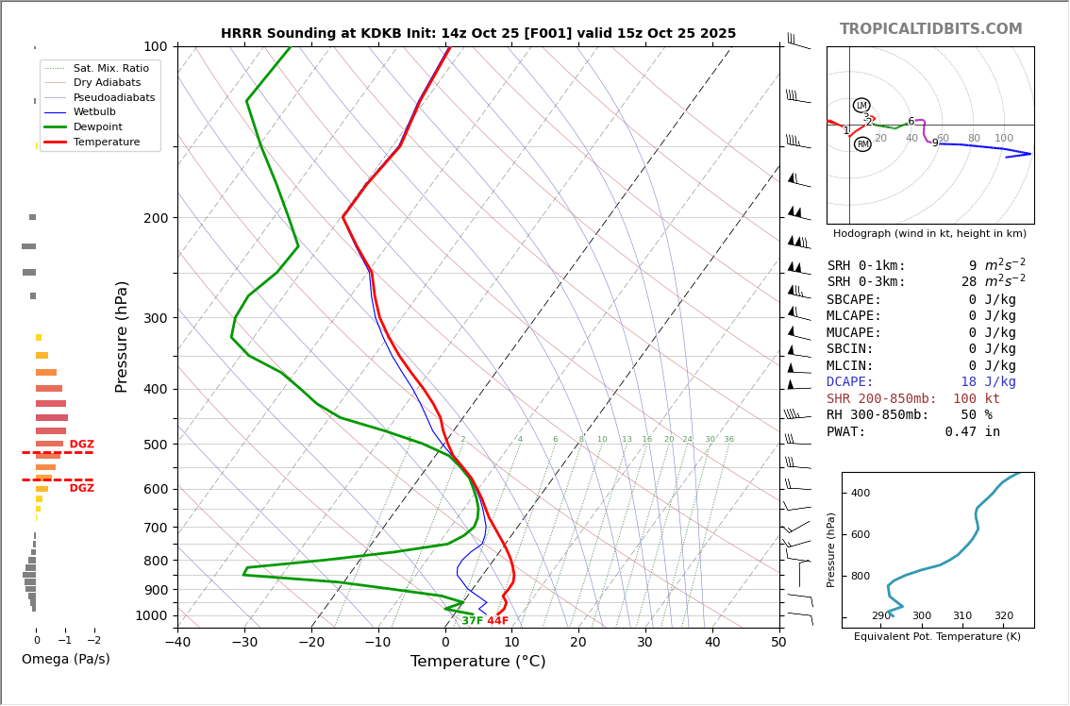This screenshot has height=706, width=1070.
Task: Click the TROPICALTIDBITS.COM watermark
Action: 930,29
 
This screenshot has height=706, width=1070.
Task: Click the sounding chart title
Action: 478,33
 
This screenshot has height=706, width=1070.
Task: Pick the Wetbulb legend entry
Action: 93,111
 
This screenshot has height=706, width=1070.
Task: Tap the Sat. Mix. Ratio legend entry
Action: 110,68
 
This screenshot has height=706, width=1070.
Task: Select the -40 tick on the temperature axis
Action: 177,643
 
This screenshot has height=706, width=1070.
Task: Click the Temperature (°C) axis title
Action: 477,662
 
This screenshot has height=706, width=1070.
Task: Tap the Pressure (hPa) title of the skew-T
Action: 123,336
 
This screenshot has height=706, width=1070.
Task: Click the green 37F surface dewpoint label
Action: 472,621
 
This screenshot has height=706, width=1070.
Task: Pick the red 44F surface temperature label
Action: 497,621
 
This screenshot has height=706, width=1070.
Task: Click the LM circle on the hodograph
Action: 861,106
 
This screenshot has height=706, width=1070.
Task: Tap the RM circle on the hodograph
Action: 862,144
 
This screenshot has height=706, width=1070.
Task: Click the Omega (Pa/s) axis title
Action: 65,659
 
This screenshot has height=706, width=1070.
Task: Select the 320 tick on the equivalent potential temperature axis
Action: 1003,616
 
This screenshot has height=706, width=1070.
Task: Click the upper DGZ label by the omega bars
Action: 82,445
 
